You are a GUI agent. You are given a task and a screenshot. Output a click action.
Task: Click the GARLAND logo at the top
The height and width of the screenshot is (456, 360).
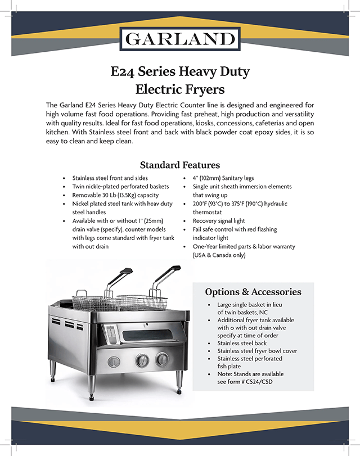[180, 39]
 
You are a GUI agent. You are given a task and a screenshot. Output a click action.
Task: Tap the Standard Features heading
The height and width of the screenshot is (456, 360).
[179, 165]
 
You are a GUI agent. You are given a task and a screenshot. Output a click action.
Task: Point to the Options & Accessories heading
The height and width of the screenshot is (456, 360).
[253, 292]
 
